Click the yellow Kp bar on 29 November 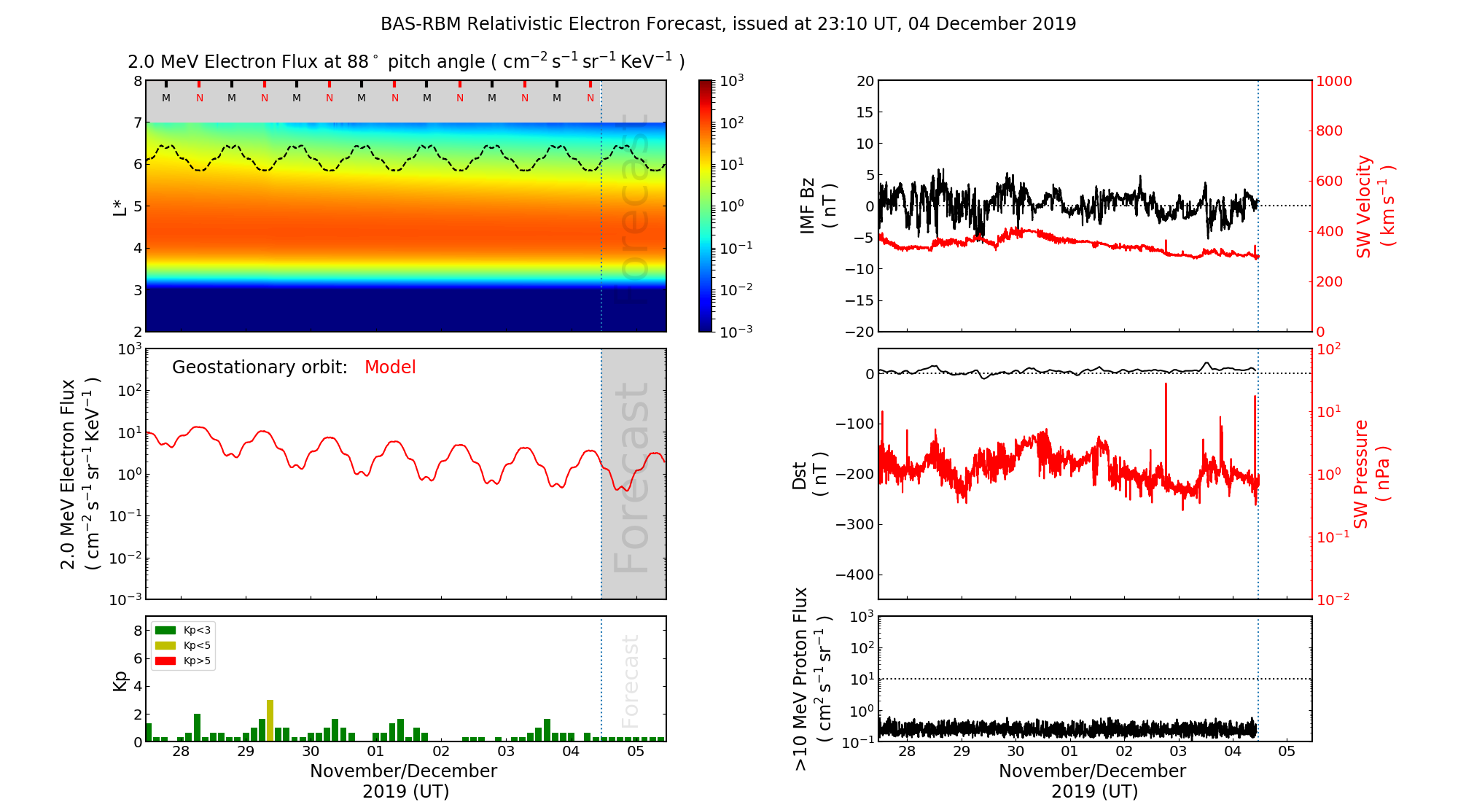click(x=270, y=720)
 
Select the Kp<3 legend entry click(x=183, y=630)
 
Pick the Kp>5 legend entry click(x=183, y=661)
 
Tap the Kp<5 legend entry click(x=183, y=645)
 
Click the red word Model click(x=390, y=367)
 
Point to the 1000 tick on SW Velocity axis click(x=1333, y=81)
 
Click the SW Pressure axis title click(x=1371, y=474)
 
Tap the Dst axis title click(x=809, y=474)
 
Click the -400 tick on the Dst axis click(x=854, y=575)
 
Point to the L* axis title click(x=120, y=206)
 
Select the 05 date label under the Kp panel click(x=636, y=752)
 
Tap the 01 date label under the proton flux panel click(x=1069, y=752)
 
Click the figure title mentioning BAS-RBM click(x=728, y=24)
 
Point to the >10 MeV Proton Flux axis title click(x=812, y=679)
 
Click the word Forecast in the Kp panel click(x=630, y=681)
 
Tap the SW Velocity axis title click(x=1375, y=206)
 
